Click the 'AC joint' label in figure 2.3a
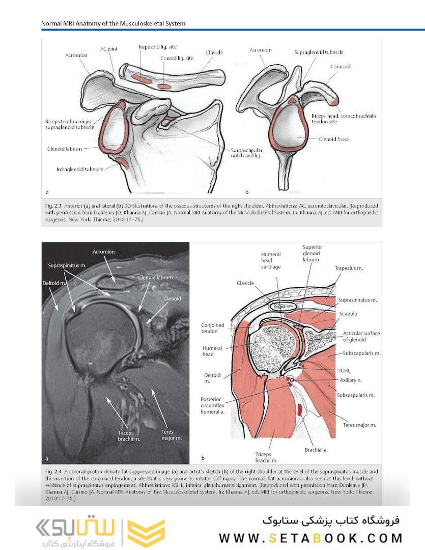pos(109,49)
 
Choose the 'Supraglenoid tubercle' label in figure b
pos(319,52)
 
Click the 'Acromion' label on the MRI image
pos(104,252)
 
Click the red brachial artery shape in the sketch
pos(300,408)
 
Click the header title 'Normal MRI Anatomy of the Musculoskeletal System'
pos(114,23)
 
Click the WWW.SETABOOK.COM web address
pos(311,538)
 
